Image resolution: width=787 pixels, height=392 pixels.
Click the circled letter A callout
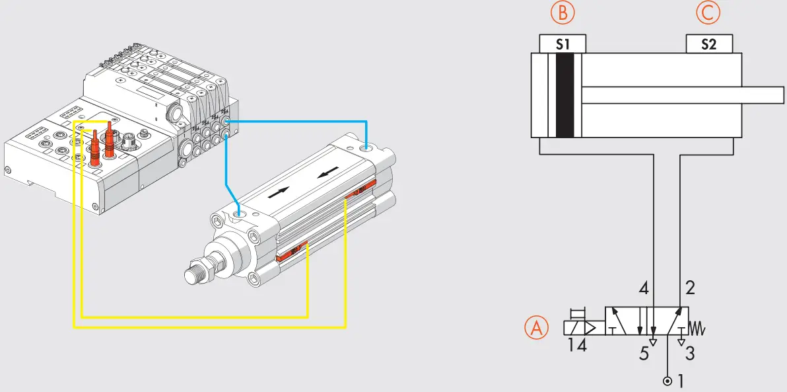click(537, 328)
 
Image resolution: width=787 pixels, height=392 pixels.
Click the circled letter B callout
click(562, 13)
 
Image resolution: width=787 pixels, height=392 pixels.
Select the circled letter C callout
click(708, 13)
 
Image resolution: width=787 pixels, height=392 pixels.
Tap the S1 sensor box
click(563, 44)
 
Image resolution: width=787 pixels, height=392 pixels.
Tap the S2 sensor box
click(709, 44)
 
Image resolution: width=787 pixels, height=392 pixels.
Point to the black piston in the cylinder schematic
click(565, 95)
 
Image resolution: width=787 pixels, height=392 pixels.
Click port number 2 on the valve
click(690, 288)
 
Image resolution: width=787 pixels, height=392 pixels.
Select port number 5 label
click(644, 354)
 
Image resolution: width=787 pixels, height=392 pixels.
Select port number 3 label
click(690, 354)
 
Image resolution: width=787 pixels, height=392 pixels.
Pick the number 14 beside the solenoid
click(577, 344)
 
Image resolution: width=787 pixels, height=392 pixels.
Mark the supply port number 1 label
click(681, 381)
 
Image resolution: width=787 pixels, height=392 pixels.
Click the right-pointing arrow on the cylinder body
click(279, 192)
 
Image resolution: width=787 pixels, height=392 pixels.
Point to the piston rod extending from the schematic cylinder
click(680, 95)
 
